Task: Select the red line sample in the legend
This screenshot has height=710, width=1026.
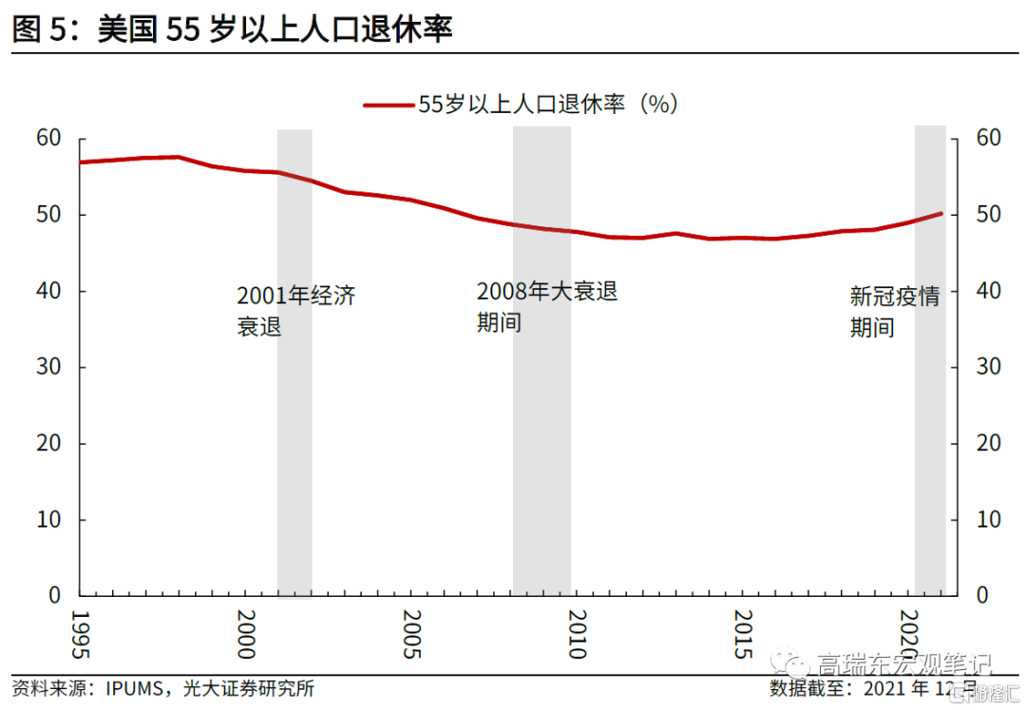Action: point(389,105)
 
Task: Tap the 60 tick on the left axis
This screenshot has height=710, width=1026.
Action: point(48,139)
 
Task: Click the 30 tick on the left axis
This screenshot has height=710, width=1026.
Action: point(48,368)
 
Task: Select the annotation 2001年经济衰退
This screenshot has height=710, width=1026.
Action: point(295,311)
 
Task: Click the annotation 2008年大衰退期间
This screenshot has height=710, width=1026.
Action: point(546,306)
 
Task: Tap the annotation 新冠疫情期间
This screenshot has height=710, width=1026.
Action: point(893,312)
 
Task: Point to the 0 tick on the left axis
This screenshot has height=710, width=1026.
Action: point(55,596)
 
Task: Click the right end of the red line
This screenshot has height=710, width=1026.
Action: point(940,214)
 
